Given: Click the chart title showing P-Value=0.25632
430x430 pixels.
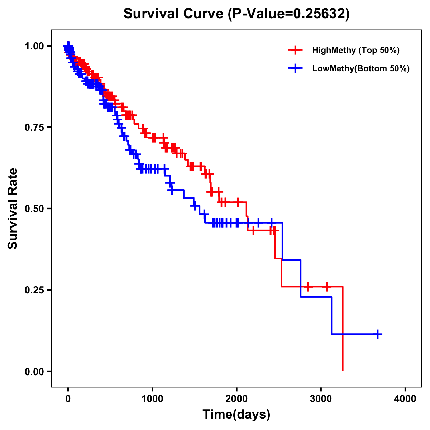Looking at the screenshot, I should (236, 14).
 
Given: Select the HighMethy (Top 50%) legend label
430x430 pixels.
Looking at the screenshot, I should (355, 50).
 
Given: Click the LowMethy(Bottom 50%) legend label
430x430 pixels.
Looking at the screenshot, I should (361, 68).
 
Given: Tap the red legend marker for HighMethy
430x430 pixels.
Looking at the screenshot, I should (295, 50).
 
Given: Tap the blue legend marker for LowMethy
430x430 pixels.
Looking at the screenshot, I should (295, 68).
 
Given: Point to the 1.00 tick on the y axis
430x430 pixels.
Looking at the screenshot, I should (34, 46).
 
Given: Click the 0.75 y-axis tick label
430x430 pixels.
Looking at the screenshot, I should (34, 128).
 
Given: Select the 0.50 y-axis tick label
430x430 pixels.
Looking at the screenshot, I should (34, 209).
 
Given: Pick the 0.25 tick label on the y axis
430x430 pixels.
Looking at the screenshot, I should (34, 290).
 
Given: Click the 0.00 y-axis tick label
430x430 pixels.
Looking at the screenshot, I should (34, 372).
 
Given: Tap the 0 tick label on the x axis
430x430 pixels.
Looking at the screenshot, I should (68, 399).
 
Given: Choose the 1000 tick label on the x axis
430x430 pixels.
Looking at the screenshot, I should (152, 399).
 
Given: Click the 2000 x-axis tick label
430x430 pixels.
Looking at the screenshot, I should (236, 399).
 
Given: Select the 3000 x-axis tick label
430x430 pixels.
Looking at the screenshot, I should (321, 399).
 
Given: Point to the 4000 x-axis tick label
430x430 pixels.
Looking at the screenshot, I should (405, 399).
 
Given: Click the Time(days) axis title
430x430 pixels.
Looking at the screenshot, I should (236, 415).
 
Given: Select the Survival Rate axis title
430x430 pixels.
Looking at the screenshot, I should (13, 209).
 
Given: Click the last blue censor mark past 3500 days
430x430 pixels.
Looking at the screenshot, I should (377, 334).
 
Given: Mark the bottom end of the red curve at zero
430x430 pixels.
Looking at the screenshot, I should (343, 371).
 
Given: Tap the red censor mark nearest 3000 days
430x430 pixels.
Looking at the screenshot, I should (326, 287).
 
